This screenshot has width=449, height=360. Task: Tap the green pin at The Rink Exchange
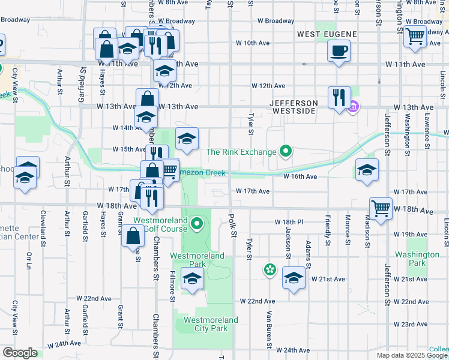[286, 152]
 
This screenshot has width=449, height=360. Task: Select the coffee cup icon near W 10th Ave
[339, 50]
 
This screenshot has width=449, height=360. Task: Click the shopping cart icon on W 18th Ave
[381, 208]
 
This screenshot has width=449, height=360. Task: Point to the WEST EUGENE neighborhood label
[327, 34]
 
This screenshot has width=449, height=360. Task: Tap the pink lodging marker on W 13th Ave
[354, 107]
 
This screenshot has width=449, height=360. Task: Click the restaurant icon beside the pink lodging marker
[339, 97]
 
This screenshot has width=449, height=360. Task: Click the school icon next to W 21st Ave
[294, 278]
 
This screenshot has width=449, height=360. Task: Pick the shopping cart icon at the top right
[415, 36]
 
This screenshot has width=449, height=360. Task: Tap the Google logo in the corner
[20, 353]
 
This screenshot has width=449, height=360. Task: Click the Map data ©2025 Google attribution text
[412, 355]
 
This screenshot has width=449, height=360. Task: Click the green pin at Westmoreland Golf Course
[197, 225]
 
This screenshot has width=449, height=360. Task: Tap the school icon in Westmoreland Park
[193, 278]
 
